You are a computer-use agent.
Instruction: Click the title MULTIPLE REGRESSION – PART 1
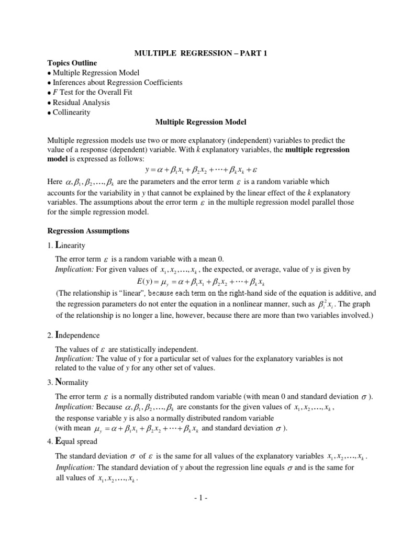[x=201, y=53]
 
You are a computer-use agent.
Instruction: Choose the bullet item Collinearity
[x=71, y=112]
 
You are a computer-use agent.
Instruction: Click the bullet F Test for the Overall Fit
[x=92, y=92]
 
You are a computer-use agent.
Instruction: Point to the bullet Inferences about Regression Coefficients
[x=117, y=83]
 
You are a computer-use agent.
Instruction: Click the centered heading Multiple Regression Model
[x=200, y=122]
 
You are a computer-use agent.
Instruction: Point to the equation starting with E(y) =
[x=216, y=282]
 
